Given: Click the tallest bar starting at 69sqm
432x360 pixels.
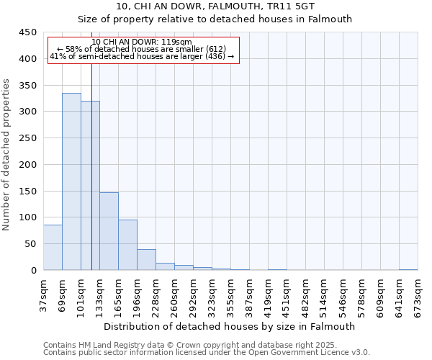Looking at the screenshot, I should (71, 181).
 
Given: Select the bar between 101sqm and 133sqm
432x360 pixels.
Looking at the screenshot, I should (90, 186).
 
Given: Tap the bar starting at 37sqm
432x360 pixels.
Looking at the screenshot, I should (53, 247).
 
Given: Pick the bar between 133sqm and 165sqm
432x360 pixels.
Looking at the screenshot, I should (109, 231).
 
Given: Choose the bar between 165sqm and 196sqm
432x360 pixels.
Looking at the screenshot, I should (127, 245).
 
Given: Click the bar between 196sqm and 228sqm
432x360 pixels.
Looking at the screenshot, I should (146, 259).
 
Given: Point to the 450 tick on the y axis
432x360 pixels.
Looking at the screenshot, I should (27, 32).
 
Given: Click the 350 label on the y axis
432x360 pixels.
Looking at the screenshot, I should (27, 86).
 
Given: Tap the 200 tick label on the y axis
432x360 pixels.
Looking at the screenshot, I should (27, 165).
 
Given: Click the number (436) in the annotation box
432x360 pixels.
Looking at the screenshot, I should (215, 56).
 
